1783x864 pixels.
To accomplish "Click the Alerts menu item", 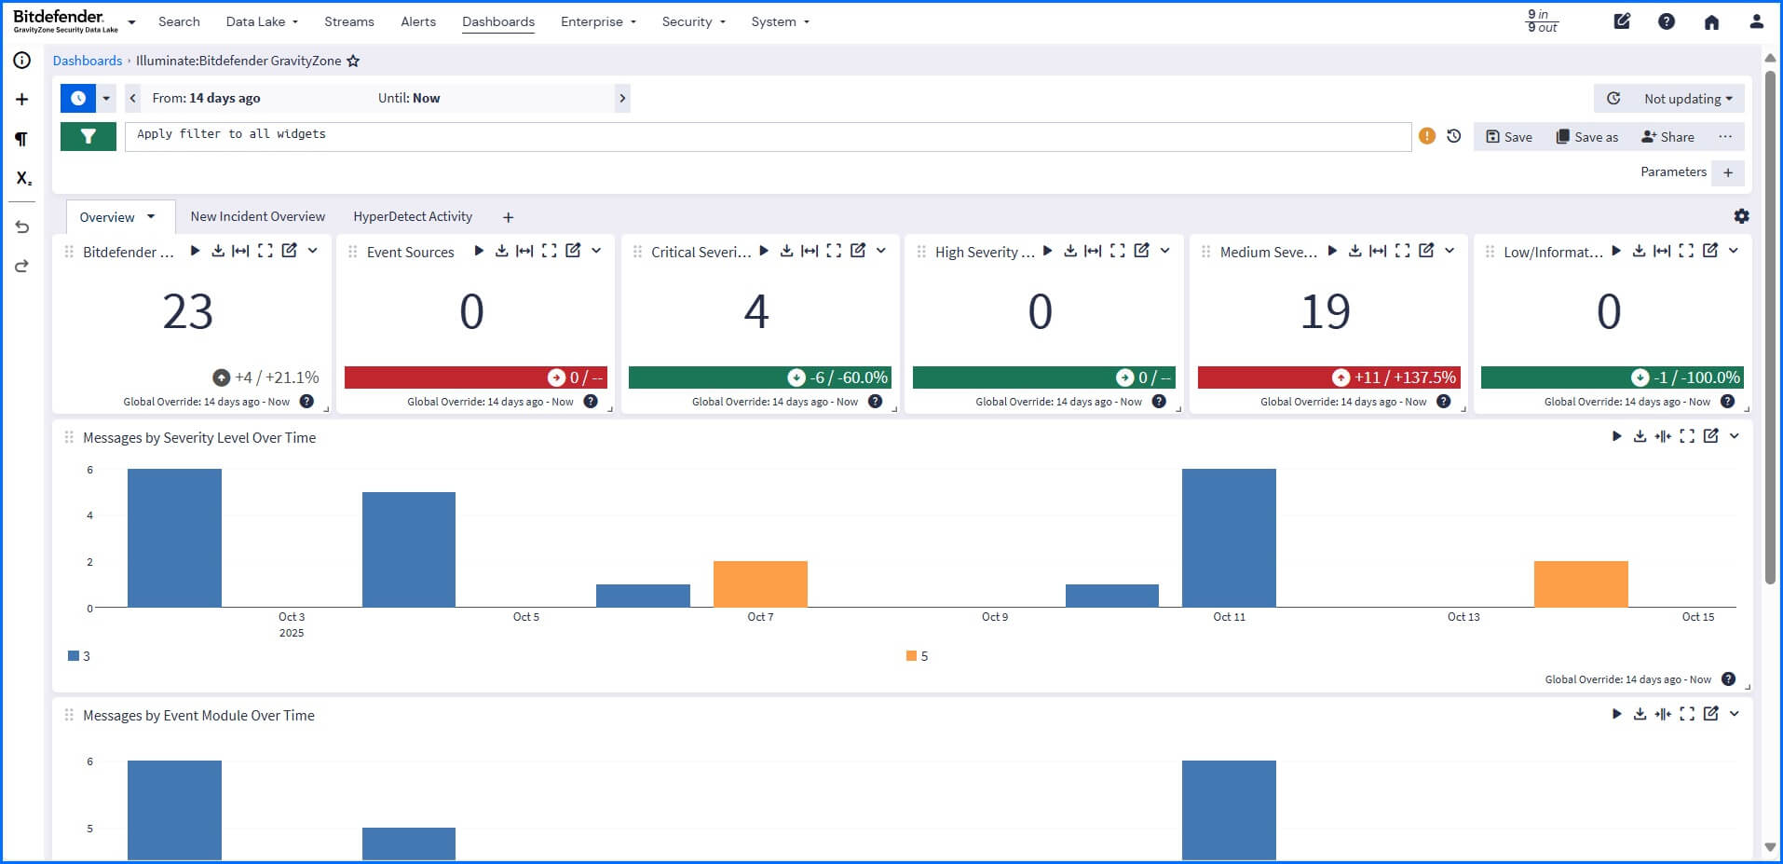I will [417, 21].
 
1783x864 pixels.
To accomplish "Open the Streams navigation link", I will [348, 21].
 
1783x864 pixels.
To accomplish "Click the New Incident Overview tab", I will [258, 216].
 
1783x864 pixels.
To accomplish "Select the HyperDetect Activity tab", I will [413, 216].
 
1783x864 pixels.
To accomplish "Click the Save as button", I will [1587, 137].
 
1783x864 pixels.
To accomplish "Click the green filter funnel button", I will [88, 136].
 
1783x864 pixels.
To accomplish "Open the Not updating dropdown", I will [1687, 99].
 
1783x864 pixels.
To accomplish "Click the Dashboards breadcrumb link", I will [88, 61].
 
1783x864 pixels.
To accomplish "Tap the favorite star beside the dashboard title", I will [353, 62].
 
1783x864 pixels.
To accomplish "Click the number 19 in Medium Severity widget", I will [1325, 311].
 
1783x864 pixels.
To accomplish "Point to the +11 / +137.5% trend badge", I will [1395, 377].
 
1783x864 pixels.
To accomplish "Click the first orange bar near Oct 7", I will [760, 583].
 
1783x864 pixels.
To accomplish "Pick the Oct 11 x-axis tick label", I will [1229, 617].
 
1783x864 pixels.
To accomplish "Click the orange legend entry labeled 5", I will [918, 656].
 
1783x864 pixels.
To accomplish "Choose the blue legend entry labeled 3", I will [79, 656].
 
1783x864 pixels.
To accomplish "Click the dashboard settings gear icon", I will [1741, 216].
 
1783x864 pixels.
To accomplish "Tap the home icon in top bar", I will [1711, 21].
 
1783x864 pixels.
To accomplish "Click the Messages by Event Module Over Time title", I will [198, 716].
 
